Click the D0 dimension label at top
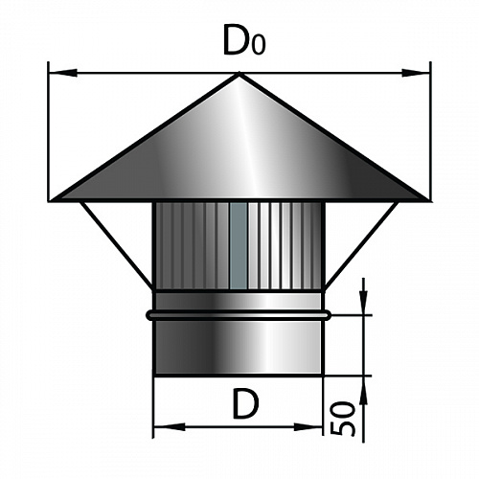(x=244, y=39)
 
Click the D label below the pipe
(x=245, y=403)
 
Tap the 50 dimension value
(x=342, y=419)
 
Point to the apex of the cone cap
(x=239, y=74)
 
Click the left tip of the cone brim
(x=52, y=200)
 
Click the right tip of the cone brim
(x=427, y=200)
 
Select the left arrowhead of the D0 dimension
(x=63, y=73)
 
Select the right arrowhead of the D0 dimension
(x=416, y=73)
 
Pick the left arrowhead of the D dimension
(x=170, y=426)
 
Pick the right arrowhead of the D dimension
(x=308, y=427)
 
